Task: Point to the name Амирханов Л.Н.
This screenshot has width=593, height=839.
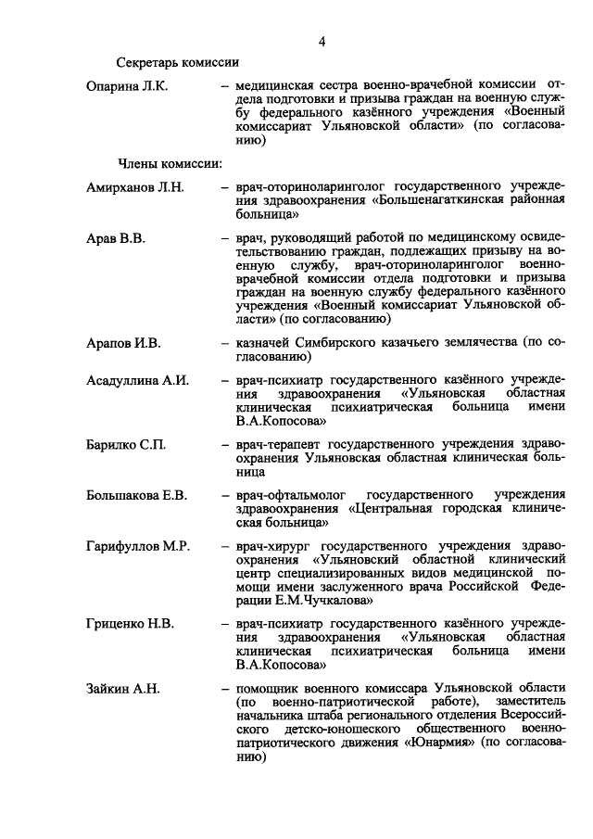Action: coord(135,186)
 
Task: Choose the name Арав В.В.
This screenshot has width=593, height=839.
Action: coord(116,238)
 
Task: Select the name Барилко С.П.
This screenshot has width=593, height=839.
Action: coord(126,445)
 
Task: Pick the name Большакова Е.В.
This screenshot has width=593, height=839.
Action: coord(136,496)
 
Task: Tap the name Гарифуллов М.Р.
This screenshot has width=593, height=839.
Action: coord(137,547)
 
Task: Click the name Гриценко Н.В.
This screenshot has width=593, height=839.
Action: coord(130,623)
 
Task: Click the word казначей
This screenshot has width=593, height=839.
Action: coord(265,343)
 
